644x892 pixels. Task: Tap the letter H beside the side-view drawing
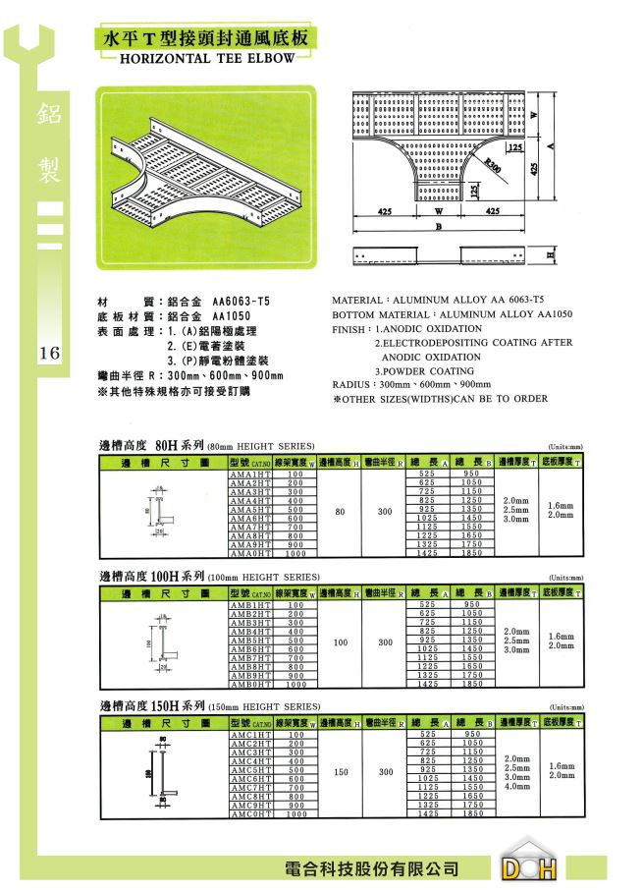pyautogui.click(x=550, y=255)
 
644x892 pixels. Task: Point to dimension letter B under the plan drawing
pyautogui.click(x=438, y=227)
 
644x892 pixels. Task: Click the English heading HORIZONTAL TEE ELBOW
pyautogui.click(x=205, y=59)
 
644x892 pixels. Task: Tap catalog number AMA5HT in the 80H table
pyautogui.click(x=250, y=510)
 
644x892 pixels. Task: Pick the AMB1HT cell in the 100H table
pyautogui.click(x=250, y=605)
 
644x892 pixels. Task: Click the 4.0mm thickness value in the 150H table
pyautogui.click(x=517, y=786)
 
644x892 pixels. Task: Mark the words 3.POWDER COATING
pyautogui.click(x=425, y=371)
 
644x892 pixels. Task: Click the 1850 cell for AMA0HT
pyautogui.click(x=472, y=554)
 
